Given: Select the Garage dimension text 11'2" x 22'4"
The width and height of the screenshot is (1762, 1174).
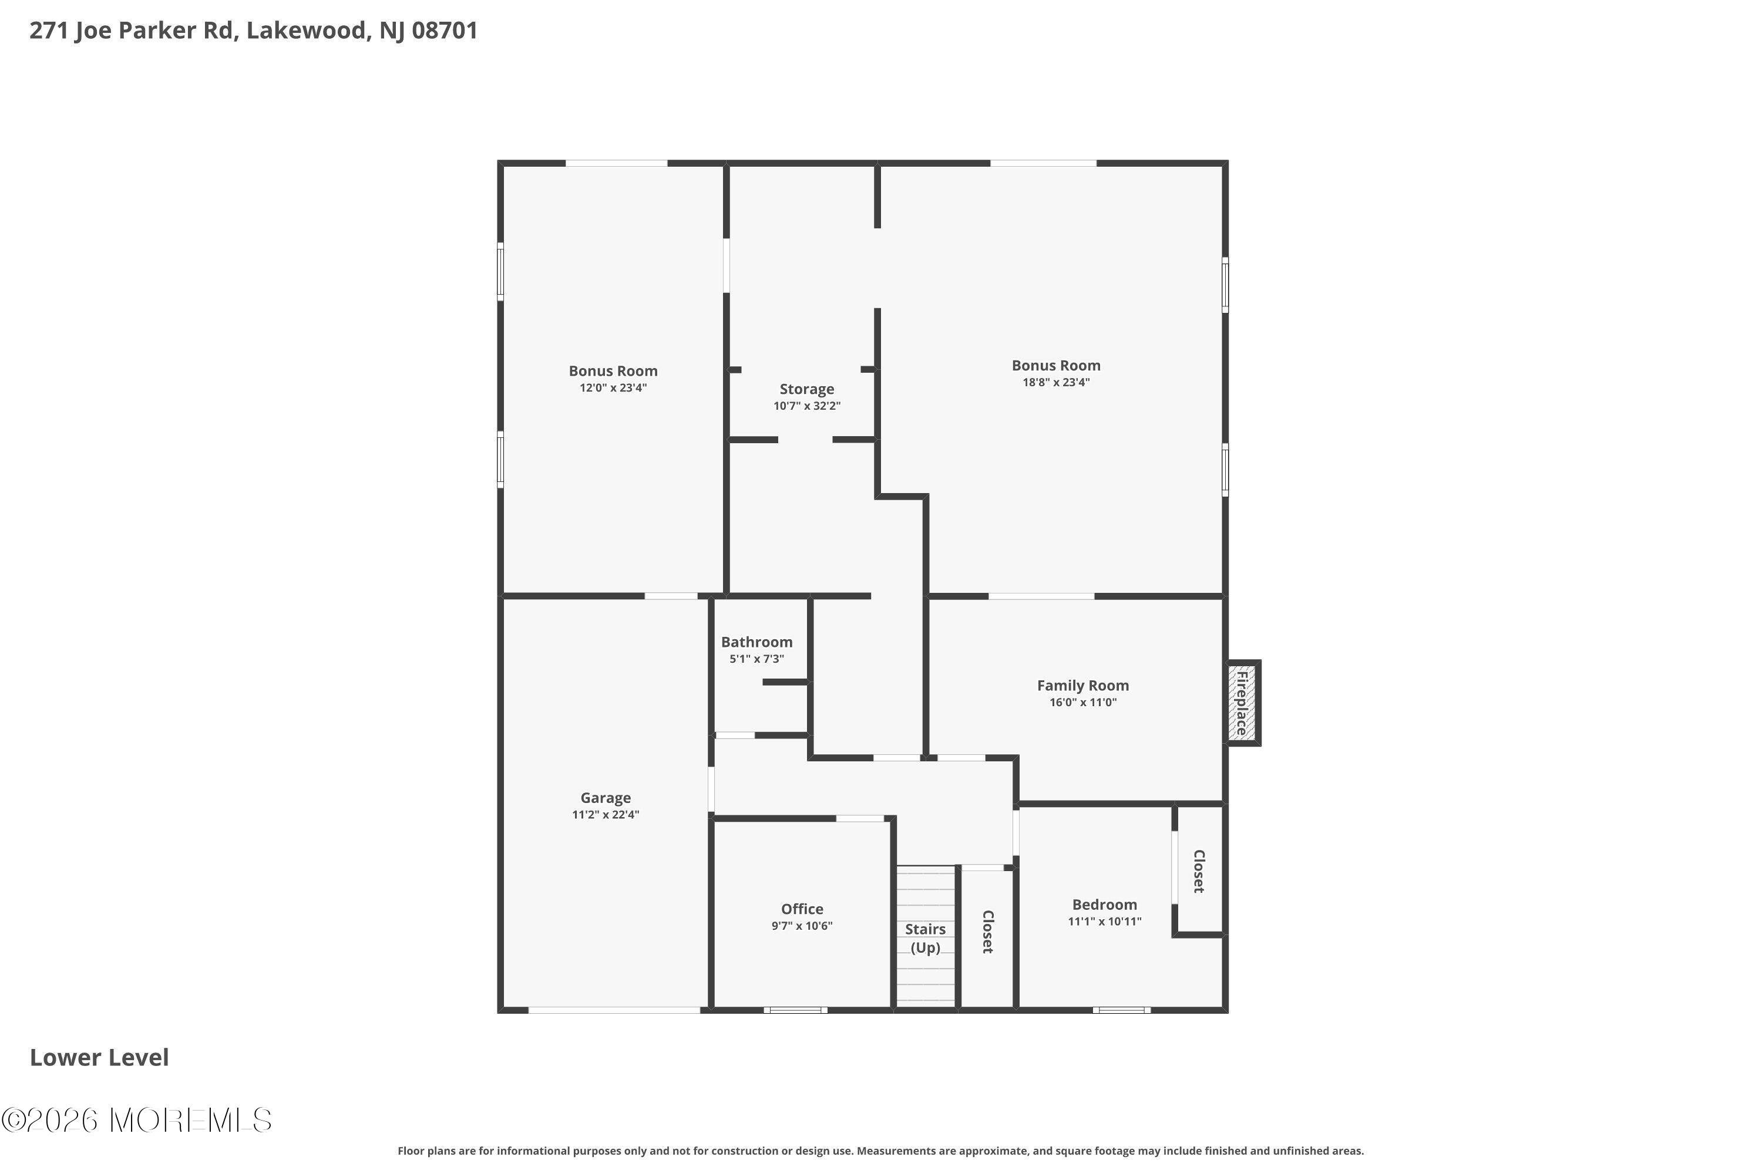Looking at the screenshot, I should [x=606, y=815].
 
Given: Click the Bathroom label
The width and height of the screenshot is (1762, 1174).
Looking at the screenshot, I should [x=756, y=642].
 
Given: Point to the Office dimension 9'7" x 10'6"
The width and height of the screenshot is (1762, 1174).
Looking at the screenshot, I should [x=802, y=926].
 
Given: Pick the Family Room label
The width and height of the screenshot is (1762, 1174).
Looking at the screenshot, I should [x=1082, y=685].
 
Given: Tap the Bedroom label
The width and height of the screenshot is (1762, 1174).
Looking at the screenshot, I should [x=1104, y=905].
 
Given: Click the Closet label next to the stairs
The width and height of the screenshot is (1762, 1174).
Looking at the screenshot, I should [x=988, y=932].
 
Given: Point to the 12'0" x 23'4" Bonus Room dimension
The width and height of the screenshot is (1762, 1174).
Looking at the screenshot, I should [x=613, y=388].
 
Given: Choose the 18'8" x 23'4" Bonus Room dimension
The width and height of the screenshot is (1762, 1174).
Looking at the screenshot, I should [x=1055, y=383].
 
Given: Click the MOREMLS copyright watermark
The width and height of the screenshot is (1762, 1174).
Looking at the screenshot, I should [x=136, y=1120].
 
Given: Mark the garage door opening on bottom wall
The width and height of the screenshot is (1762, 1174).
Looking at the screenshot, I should [x=614, y=1010].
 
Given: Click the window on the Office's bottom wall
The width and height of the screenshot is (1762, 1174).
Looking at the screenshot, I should [x=796, y=1010].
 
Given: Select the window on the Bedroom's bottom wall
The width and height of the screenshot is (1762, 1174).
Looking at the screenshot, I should [x=1121, y=1010].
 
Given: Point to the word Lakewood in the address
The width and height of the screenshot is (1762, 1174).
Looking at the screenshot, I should [x=307, y=31].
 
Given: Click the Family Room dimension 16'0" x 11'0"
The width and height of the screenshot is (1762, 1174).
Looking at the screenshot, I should [x=1082, y=702].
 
